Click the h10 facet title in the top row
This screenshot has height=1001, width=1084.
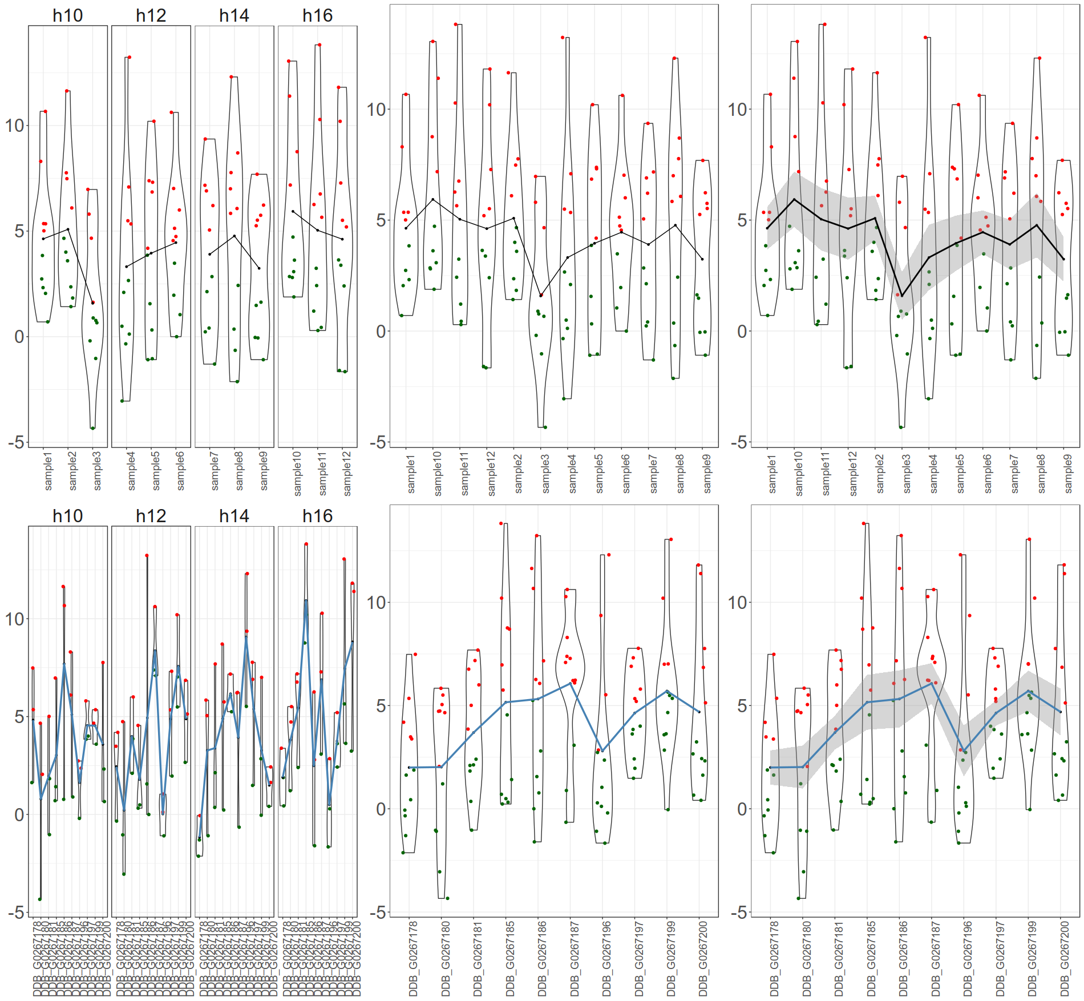pyautogui.click(x=67, y=15)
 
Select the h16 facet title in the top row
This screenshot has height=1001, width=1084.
pyautogui.click(x=317, y=15)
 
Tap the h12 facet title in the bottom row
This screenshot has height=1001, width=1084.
pyautogui.click(x=151, y=516)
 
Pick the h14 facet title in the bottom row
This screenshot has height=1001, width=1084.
pyautogui.click(x=234, y=516)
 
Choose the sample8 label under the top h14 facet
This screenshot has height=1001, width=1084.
pyautogui.click(x=239, y=471)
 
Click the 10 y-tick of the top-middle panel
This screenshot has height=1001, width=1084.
pyautogui.click(x=376, y=110)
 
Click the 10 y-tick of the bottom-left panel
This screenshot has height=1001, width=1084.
pyautogui.click(x=15, y=619)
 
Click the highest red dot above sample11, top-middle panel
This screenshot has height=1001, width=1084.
pyautogui.click(x=456, y=25)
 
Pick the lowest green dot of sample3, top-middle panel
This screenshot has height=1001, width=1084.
pyautogui.click(x=545, y=427)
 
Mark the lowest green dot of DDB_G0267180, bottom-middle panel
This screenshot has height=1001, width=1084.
pyautogui.click(x=447, y=898)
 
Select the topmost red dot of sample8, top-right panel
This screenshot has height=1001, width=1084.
pyautogui.click(x=1039, y=58)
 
